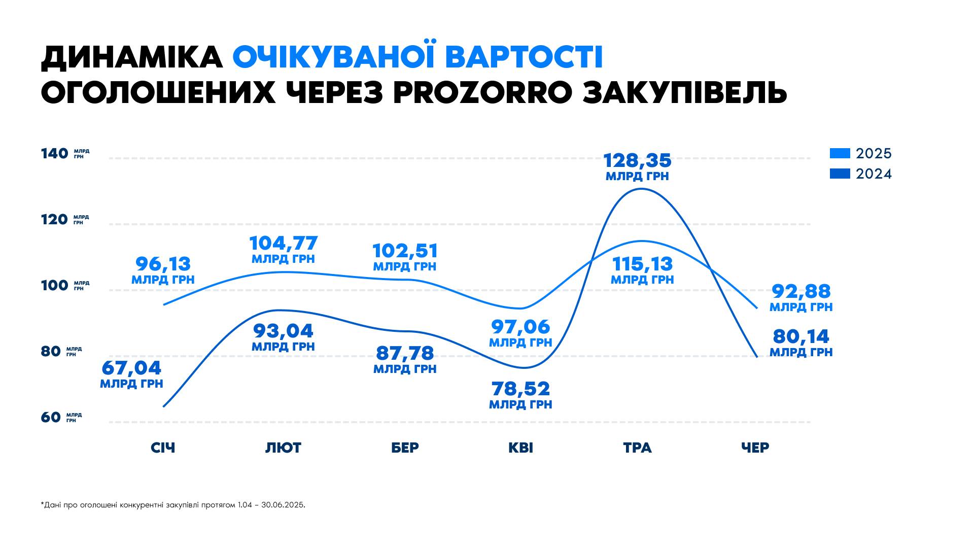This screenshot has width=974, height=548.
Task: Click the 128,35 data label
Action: [x=637, y=161]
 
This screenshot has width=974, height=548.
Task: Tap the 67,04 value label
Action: [x=131, y=368]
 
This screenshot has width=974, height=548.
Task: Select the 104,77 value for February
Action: [x=283, y=244]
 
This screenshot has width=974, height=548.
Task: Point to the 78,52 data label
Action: [x=520, y=390]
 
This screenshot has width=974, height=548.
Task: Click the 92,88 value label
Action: [x=801, y=292]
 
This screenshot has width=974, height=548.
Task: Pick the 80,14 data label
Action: [x=801, y=337]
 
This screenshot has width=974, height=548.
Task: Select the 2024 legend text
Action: [x=874, y=174]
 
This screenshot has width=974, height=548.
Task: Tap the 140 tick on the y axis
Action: [x=54, y=154]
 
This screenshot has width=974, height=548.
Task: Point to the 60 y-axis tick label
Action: [x=51, y=418]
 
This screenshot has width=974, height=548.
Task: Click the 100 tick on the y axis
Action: [x=54, y=286]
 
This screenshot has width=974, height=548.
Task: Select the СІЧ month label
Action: [x=163, y=448]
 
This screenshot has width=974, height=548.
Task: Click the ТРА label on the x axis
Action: [x=637, y=448]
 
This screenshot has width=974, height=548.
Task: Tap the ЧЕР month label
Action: [x=755, y=448]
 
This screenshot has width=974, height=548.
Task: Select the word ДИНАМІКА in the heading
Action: [x=132, y=57]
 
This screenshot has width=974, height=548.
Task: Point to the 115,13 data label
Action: [x=642, y=264]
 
